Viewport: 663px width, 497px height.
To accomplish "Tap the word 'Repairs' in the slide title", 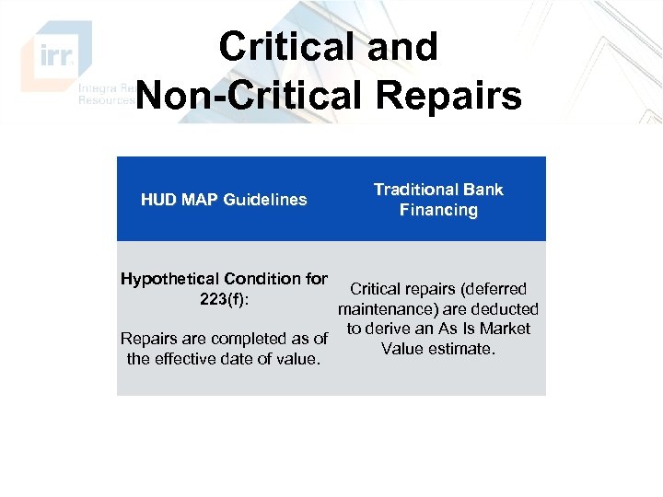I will pos(456,95).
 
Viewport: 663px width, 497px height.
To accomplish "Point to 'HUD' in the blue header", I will pos(158,200).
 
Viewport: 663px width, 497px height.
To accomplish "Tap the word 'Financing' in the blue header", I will pos(438,210).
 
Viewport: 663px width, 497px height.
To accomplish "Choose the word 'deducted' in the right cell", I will pos(504,309).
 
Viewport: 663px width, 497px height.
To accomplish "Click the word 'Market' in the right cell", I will pos(506,329).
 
